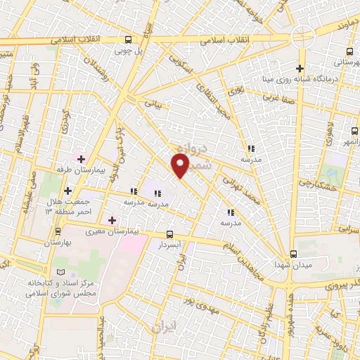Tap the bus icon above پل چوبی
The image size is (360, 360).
128,40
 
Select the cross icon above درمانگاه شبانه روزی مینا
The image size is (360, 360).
300,68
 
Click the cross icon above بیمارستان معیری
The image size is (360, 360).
112,220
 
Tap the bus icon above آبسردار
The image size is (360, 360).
169,234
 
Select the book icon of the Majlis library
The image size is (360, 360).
60,271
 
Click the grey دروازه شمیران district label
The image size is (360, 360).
190,155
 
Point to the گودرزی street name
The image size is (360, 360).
65,124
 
